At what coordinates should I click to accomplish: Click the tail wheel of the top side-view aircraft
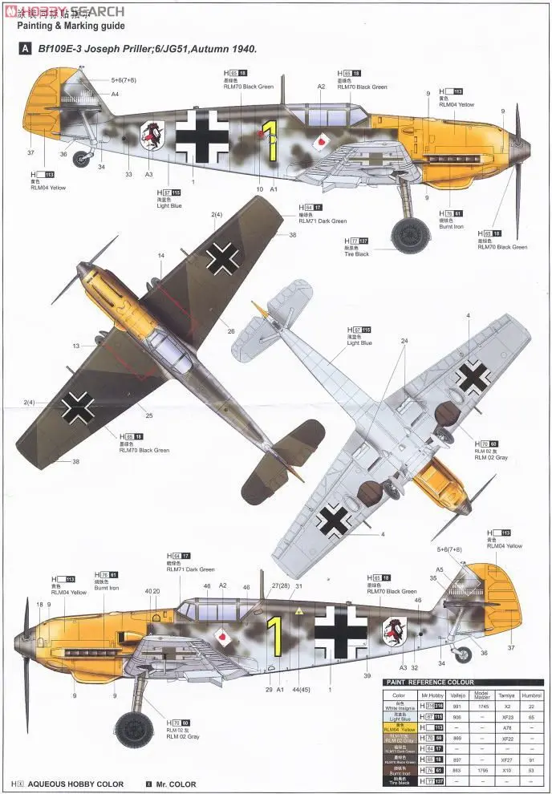coord(81,158)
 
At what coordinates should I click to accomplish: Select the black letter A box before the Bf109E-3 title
coord(26,48)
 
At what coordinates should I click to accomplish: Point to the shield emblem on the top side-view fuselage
coord(152,135)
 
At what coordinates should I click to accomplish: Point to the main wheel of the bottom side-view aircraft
coord(133,728)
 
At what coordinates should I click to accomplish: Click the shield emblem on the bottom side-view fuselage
coord(395,633)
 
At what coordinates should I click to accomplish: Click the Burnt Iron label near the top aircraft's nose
coord(452,227)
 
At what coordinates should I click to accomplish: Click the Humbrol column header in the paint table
coord(531,695)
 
